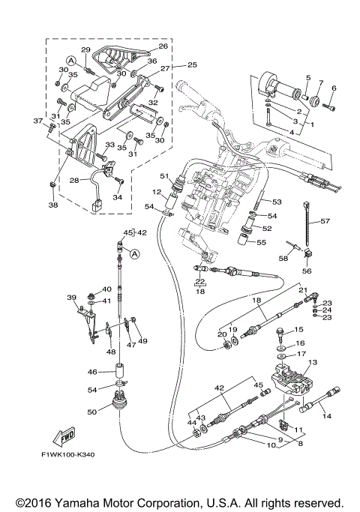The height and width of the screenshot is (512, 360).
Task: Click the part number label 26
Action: point(163,46)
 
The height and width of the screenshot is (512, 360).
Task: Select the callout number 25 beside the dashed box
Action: point(193,64)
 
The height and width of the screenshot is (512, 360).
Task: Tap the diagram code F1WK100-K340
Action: point(68,454)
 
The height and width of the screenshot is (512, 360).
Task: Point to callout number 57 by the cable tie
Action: point(325,221)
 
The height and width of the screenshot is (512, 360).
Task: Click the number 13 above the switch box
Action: point(313,362)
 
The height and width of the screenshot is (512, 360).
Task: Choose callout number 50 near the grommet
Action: point(92,412)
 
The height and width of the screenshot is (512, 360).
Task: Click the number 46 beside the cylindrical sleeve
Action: point(92,372)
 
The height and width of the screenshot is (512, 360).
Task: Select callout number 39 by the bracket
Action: point(71,298)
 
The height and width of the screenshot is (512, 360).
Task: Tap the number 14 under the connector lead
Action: point(327,416)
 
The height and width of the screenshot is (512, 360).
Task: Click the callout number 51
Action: point(164,176)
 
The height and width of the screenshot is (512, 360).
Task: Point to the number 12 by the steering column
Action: point(157,192)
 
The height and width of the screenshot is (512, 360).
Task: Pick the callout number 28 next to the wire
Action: point(74,180)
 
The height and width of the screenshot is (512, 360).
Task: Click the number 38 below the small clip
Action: point(53,205)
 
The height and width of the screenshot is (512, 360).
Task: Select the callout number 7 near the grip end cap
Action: point(321,83)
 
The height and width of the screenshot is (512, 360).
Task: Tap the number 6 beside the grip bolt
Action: point(334,88)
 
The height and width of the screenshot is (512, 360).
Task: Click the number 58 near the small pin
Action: point(283,258)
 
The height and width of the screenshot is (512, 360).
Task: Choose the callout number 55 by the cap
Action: point(261,242)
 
